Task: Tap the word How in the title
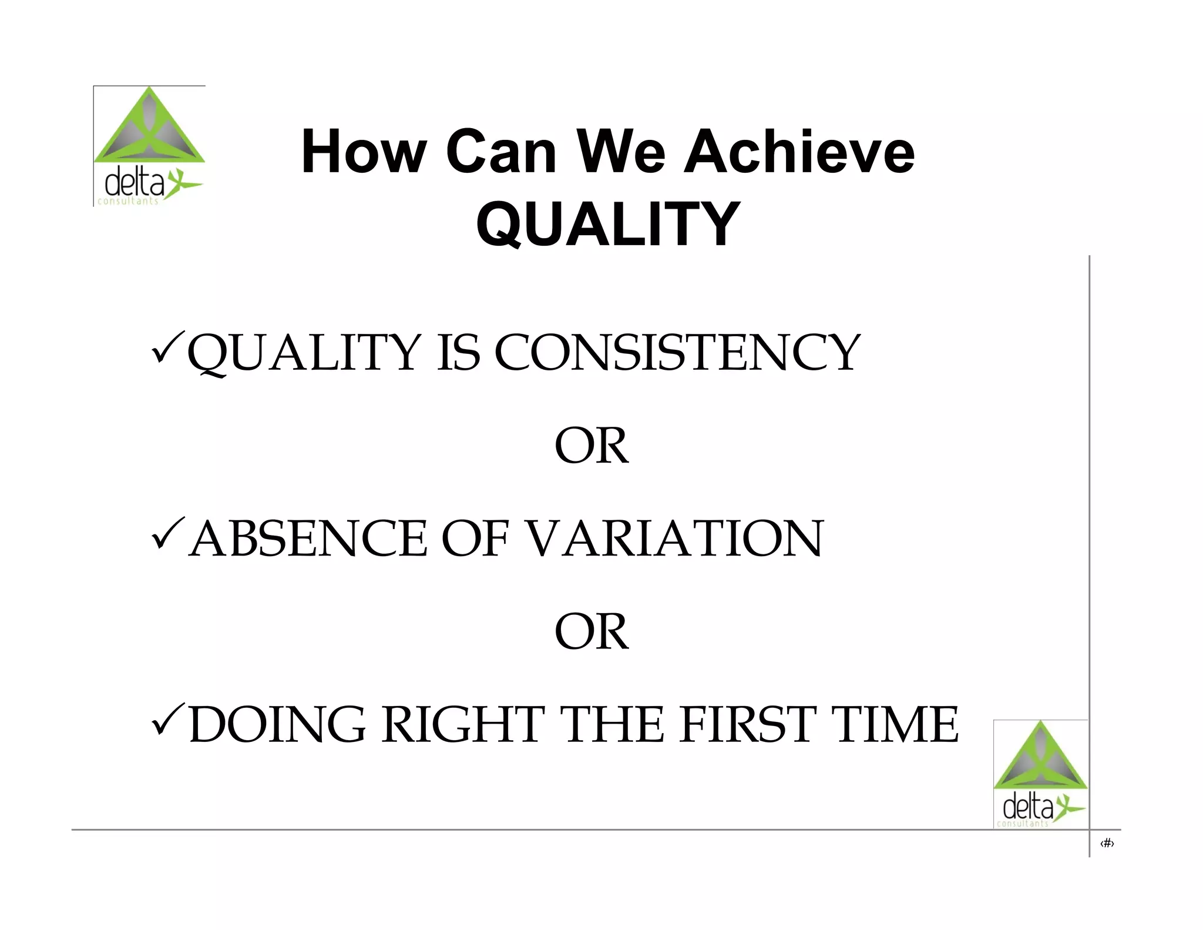point(363,152)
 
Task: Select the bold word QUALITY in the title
point(608,224)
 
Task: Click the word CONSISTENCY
point(677,353)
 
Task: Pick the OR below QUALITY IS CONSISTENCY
point(592,446)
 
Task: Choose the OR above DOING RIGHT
point(592,632)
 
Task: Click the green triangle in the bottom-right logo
point(1040,758)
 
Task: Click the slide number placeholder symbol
point(1107,844)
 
